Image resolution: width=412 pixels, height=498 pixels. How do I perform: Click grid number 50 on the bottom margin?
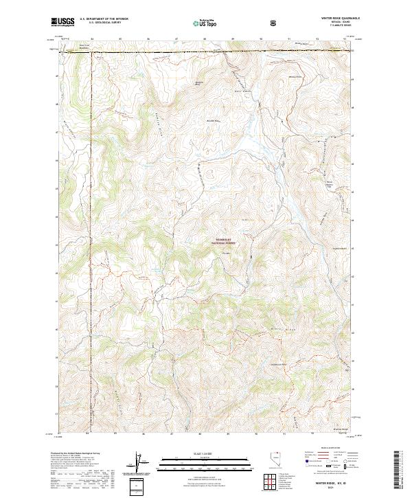coord(255,434)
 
